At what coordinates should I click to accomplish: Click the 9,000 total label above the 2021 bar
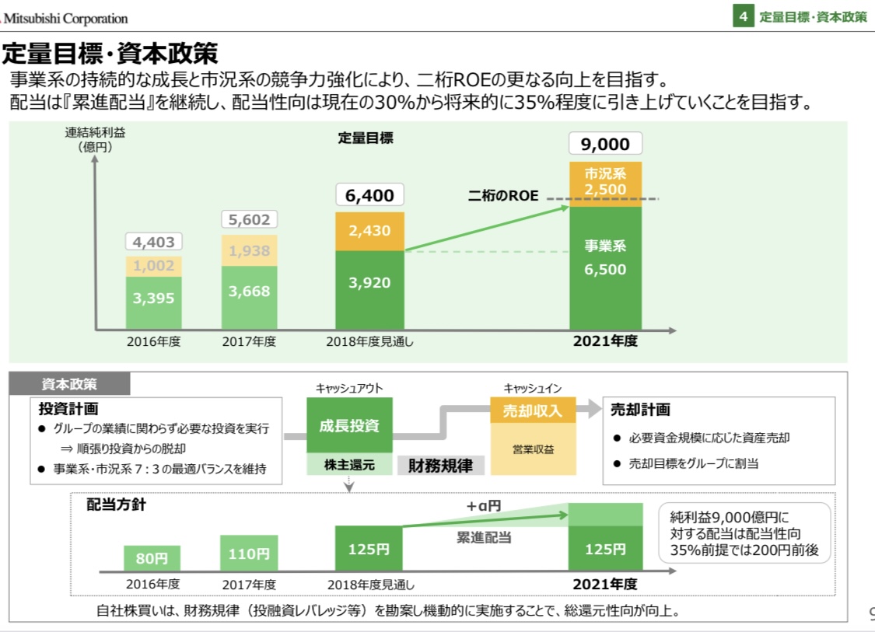click(x=605, y=144)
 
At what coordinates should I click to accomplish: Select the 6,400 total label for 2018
click(x=370, y=195)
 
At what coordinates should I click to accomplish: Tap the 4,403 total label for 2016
click(x=153, y=242)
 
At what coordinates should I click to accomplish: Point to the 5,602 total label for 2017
click(x=250, y=220)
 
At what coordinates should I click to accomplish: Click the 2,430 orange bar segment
click(x=370, y=231)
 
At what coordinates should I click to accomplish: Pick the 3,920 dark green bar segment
click(x=370, y=283)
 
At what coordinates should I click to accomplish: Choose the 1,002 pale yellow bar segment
click(x=153, y=266)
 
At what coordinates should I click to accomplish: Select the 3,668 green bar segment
click(x=250, y=292)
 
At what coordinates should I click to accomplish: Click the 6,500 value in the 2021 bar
click(x=605, y=270)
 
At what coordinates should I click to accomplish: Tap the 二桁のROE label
click(x=503, y=196)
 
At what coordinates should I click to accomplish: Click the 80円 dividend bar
click(x=152, y=557)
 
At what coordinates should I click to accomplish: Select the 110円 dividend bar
click(x=250, y=553)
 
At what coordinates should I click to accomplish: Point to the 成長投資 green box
click(x=349, y=425)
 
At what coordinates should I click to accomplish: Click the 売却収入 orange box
click(x=533, y=410)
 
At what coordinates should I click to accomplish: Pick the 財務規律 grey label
click(x=440, y=466)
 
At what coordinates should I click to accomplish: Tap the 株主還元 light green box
click(x=349, y=466)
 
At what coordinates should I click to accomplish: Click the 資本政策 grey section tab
click(x=70, y=384)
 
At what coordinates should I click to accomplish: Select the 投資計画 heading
click(x=68, y=408)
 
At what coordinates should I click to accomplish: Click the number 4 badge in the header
click(x=744, y=16)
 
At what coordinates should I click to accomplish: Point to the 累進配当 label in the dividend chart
click(x=484, y=537)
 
